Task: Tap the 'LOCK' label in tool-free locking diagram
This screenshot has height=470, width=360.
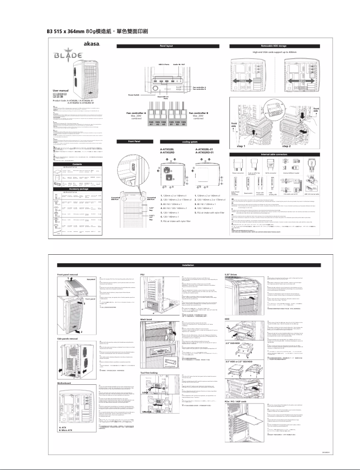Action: pos(145,392)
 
